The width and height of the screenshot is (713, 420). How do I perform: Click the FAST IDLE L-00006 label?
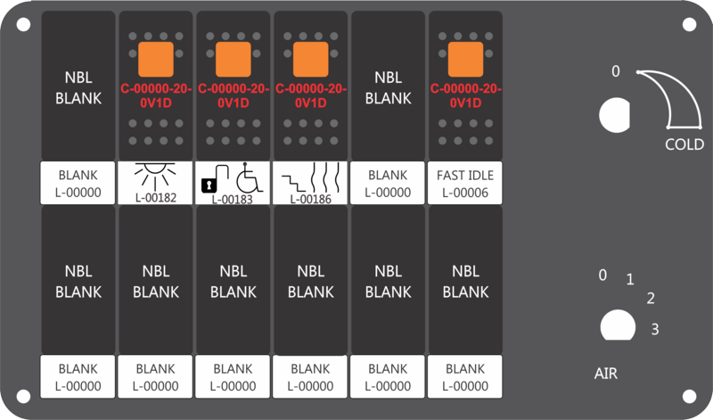[x=465, y=183]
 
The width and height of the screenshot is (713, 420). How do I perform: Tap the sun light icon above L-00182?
[x=155, y=176]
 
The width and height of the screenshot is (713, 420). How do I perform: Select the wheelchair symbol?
[x=250, y=177]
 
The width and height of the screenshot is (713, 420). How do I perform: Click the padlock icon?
[x=209, y=185]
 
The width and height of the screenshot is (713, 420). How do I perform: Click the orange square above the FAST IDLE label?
[x=465, y=59]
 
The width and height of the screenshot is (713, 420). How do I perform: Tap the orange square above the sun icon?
[x=156, y=59]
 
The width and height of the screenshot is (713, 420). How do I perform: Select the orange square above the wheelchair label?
[x=234, y=59]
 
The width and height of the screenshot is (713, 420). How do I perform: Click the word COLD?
[x=684, y=144]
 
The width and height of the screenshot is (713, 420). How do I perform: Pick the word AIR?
[x=606, y=374]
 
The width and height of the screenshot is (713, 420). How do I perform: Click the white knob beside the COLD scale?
[x=614, y=115]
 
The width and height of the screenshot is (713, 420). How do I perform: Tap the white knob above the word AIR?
[x=618, y=325]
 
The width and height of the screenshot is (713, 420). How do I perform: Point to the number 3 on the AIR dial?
[x=655, y=329]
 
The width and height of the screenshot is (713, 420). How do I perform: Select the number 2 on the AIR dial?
[x=651, y=298]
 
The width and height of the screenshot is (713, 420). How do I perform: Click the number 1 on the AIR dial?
[x=630, y=279]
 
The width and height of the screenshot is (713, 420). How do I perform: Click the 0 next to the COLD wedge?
[x=615, y=71]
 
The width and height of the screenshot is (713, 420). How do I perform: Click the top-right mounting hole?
[x=689, y=25]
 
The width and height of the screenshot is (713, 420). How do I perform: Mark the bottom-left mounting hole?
[x=24, y=396]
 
